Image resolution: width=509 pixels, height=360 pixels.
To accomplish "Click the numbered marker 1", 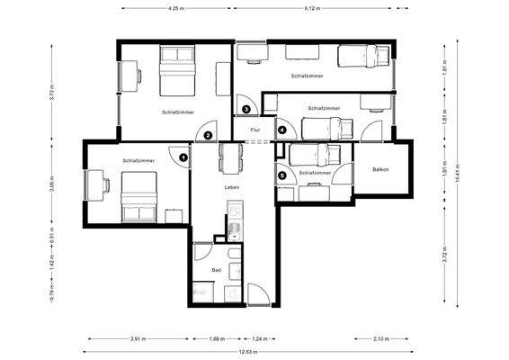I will coord(183,157).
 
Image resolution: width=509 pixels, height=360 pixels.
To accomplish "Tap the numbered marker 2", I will coord(208,136).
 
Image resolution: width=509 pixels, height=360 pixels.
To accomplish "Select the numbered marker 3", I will coord(246,110).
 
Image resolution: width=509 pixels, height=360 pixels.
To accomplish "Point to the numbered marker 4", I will coord(281,130).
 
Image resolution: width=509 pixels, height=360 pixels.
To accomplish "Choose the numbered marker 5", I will coord(282,175).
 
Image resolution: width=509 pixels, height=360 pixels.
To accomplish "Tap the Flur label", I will coord(254,130).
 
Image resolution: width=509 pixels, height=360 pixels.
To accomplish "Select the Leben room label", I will coord(232,186).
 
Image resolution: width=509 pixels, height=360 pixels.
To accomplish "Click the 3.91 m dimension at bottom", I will coord(138,339).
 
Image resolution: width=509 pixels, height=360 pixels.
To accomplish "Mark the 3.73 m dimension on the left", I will coord(54,91).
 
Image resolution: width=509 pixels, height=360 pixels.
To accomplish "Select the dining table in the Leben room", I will coord(232,159).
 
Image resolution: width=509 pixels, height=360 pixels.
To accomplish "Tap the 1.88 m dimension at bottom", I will coord(217,339).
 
